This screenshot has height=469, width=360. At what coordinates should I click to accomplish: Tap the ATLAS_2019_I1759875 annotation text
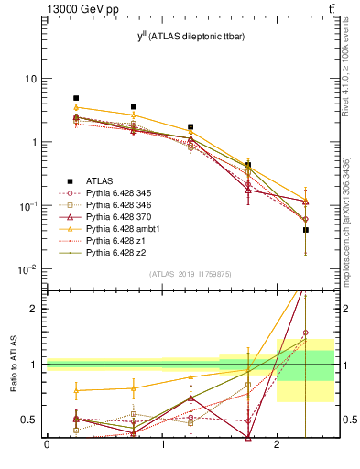tap(191, 273)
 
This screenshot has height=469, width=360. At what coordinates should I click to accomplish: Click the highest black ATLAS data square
tap(76, 98)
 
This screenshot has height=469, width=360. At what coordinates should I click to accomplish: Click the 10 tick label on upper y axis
tap(30, 79)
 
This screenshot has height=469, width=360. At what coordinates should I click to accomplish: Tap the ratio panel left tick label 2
tap(34, 309)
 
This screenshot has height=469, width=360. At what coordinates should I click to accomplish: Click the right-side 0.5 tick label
tap(346, 420)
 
